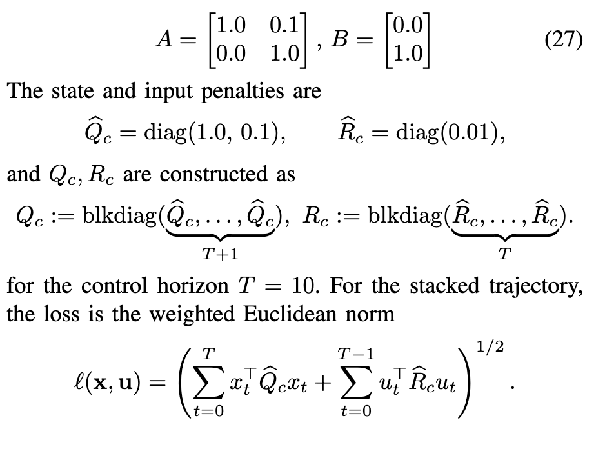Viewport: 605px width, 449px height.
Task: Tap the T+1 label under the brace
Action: coord(220,255)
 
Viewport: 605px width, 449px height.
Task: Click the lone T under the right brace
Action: coord(505,255)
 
